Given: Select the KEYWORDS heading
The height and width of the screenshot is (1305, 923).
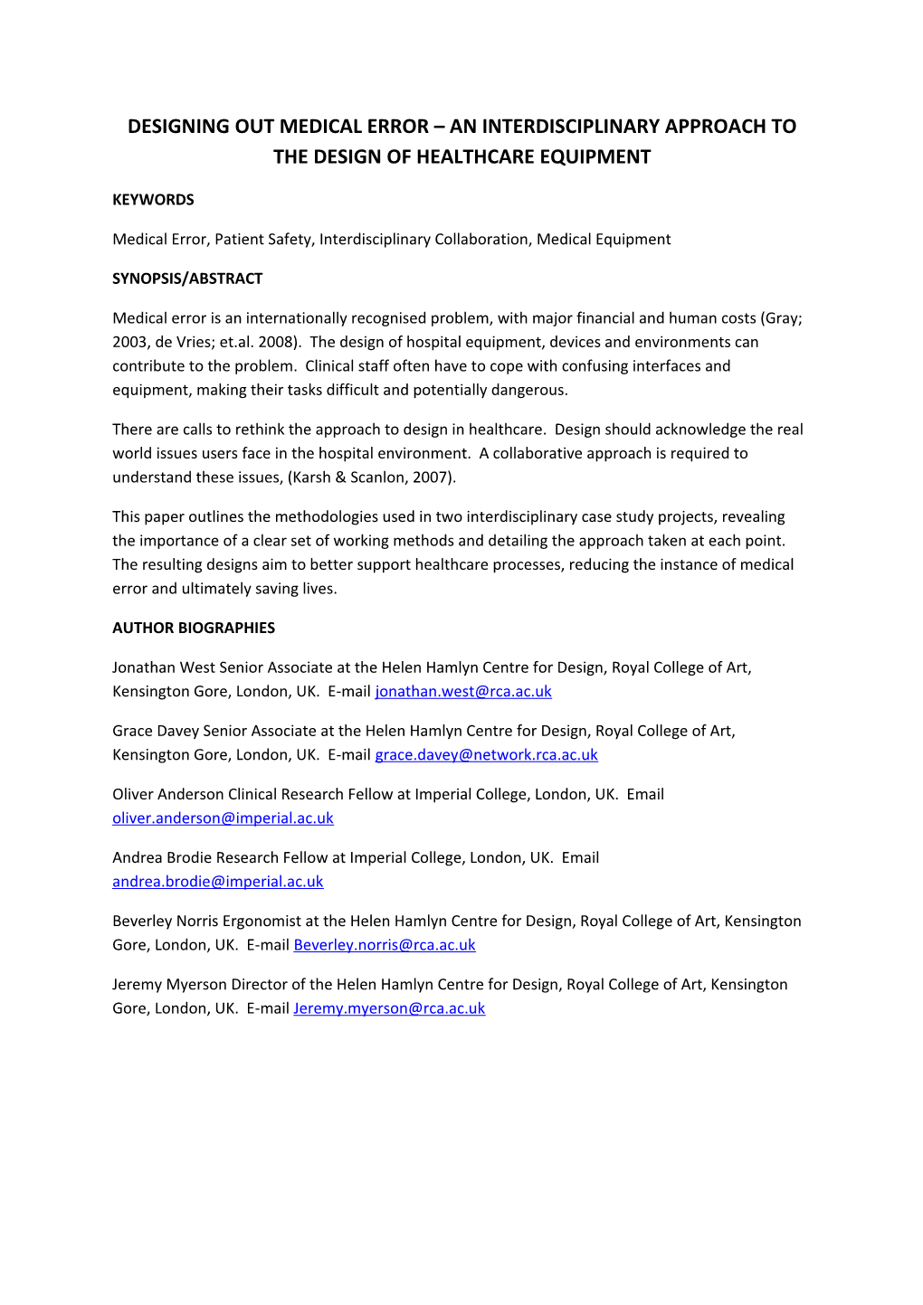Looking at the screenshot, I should [153, 200].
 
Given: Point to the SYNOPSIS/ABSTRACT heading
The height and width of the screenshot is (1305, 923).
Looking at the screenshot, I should [187, 279].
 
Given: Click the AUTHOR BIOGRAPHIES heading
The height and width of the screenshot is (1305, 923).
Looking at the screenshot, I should [194, 628].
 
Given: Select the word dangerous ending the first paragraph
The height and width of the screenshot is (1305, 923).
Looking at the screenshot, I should [531, 391].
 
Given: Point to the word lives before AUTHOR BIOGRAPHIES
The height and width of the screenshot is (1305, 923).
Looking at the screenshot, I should [319, 589].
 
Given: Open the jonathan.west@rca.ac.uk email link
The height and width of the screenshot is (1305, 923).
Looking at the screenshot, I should [462, 692].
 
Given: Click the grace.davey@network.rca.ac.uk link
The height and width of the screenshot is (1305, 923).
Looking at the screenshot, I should [486, 755].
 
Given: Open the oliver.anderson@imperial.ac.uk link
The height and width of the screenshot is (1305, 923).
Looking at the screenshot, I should [223, 818].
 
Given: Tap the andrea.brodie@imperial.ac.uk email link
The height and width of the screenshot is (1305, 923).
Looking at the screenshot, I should [217, 882].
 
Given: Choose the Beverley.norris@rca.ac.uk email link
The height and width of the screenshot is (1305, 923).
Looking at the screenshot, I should [384, 945].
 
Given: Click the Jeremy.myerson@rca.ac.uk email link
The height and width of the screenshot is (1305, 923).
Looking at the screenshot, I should [389, 1008].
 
